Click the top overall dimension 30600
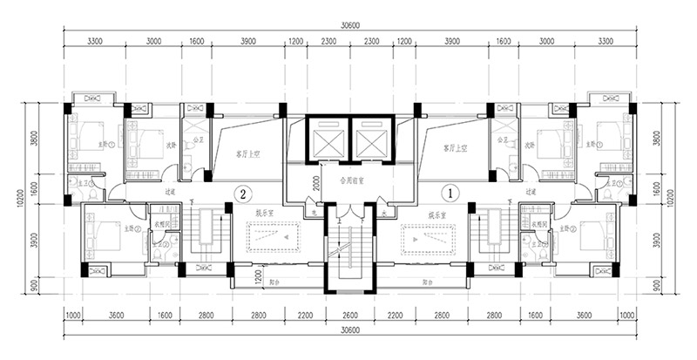348,26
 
